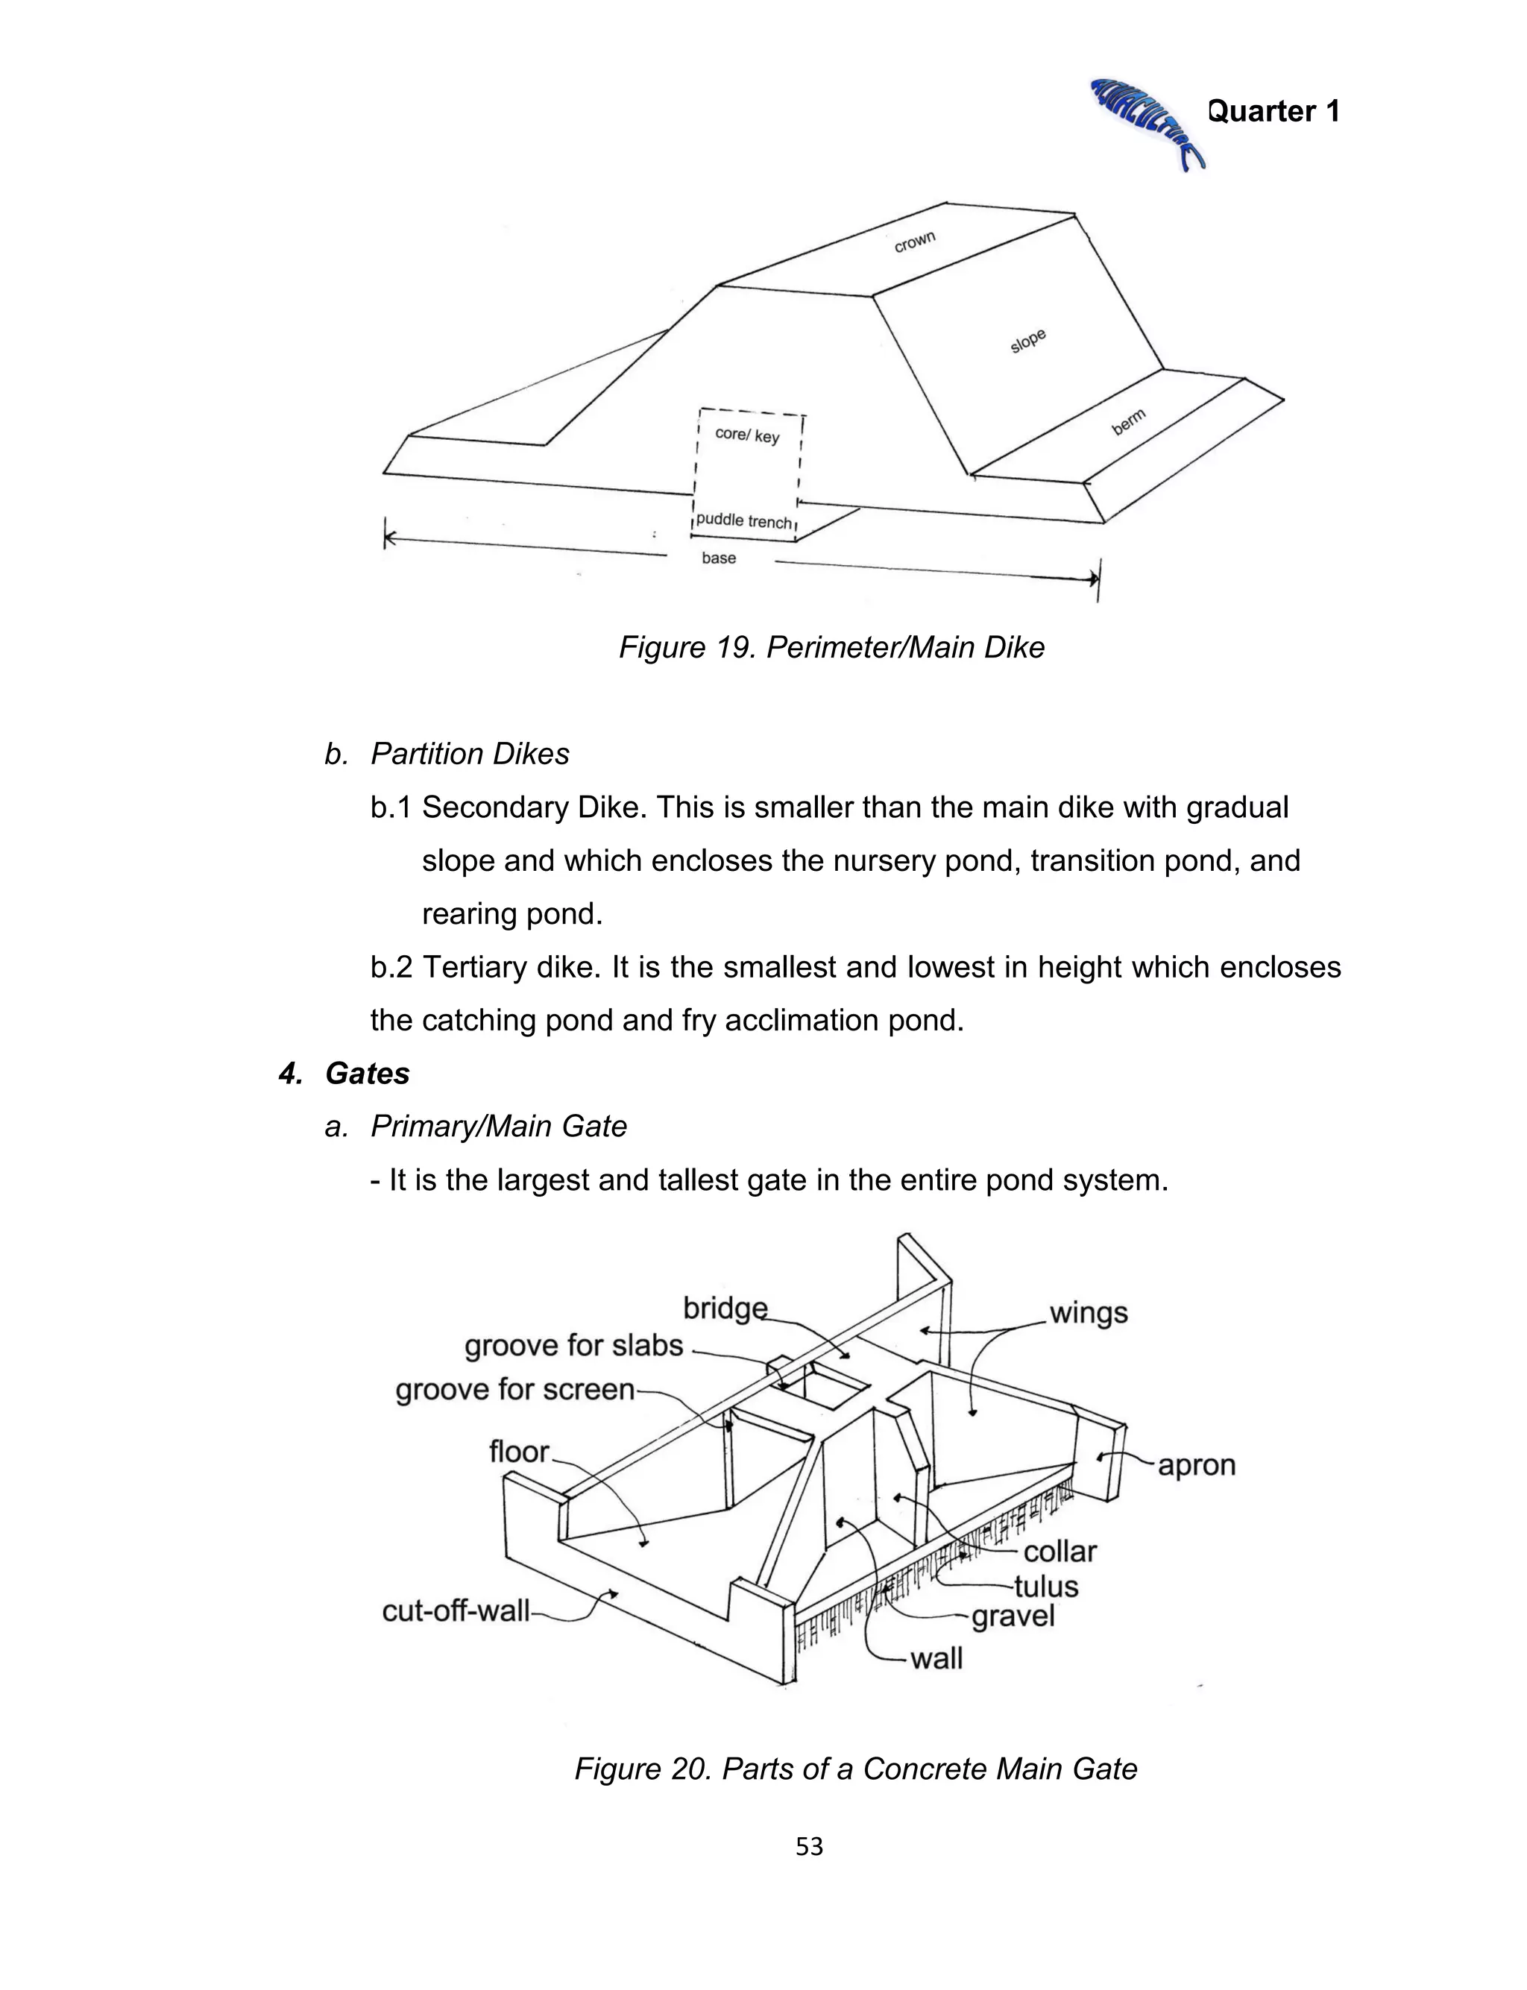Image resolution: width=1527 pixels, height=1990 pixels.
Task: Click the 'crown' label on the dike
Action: point(914,242)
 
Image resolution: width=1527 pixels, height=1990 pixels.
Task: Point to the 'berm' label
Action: point(1129,421)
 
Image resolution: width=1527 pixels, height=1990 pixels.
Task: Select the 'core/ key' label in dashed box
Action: point(747,435)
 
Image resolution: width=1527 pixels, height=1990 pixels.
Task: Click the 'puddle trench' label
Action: point(744,522)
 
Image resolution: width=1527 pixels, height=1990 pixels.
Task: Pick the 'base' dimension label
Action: point(718,558)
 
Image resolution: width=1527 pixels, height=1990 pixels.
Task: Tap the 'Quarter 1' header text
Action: point(1273,111)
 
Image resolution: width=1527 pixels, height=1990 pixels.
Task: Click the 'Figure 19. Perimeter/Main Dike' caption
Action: point(831,647)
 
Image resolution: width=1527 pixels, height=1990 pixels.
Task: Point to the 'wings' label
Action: point(1088,1312)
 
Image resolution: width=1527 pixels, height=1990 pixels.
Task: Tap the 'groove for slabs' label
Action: point(573,1345)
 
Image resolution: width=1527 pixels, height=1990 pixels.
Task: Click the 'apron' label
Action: point(1196,1465)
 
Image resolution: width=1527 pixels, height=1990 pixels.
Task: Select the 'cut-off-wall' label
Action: point(456,1611)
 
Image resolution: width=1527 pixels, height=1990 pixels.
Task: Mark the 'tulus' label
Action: point(1045,1587)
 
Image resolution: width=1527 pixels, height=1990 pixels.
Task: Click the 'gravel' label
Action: point(1013,1616)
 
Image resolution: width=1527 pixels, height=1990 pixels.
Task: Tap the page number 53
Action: point(809,1845)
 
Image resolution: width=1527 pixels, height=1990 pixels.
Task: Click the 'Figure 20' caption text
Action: point(855,1769)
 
